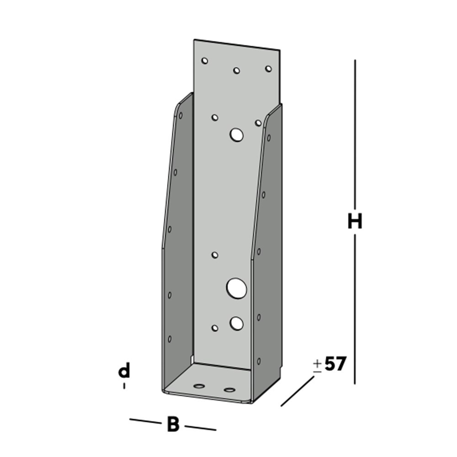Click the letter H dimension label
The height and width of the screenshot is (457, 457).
pos(355,222)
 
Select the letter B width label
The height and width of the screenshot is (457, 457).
pos(173,425)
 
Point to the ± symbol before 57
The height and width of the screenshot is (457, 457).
pos(317,366)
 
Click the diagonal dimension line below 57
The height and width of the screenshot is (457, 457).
pos(298,392)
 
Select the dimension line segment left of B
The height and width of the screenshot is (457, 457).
pos(146,421)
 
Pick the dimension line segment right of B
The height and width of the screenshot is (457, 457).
pos(200,428)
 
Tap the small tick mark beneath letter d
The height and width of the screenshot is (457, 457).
pos(124,386)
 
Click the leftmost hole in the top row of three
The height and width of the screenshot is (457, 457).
pos(205,60)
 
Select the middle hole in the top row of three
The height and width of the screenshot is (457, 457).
pos(237,70)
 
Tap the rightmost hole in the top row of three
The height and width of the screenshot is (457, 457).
pos(268,69)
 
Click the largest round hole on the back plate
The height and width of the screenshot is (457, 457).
pos(237,288)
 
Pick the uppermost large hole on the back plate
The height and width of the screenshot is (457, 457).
pos(237,134)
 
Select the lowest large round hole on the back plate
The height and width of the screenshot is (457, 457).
pos(237,323)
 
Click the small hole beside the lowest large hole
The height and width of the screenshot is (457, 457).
pos(215,328)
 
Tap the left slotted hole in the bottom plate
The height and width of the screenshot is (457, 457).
pos(199,386)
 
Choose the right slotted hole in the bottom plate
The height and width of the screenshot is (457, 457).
pos(229,390)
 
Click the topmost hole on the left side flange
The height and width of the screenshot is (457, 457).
pos(181,116)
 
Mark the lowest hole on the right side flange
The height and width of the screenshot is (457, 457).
pos(259,361)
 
